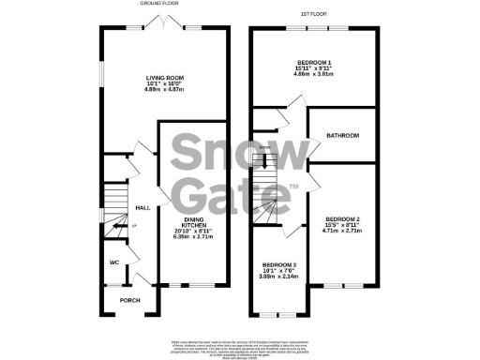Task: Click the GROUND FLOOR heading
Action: (159, 5)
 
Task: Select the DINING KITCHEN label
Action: (195, 222)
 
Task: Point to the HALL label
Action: (142, 207)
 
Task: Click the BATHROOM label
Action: (342, 136)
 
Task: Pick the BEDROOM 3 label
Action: (279, 264)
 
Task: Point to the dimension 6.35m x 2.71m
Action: (195, 236)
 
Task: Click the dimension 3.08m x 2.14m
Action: (279, 277)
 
